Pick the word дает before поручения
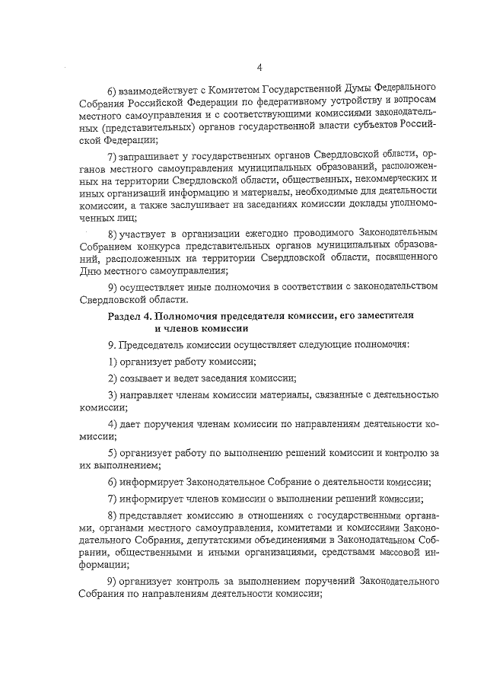pos(134,423)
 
